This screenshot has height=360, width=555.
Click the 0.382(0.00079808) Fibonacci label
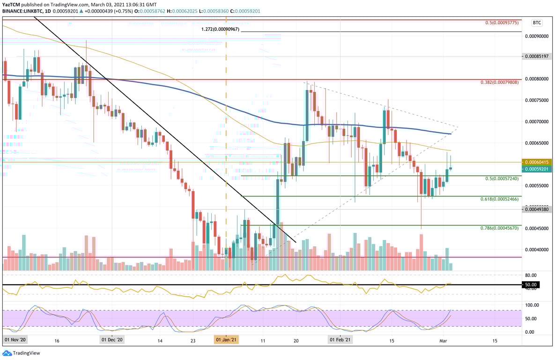pos(500,82)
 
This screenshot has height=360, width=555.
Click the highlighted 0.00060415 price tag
pos(537,162)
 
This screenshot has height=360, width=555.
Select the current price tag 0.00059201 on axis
pos(537,169)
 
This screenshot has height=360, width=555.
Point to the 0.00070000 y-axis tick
pos(537,121)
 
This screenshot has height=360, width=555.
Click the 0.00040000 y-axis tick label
pos(537,250)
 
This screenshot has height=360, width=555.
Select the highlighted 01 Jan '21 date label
pos(226,339)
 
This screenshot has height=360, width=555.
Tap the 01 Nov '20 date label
pos(16,339)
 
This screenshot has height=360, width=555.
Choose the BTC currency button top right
pos(537,22)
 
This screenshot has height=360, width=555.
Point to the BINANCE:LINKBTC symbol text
pos(23,10)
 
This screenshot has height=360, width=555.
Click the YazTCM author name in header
pos(12,4)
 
